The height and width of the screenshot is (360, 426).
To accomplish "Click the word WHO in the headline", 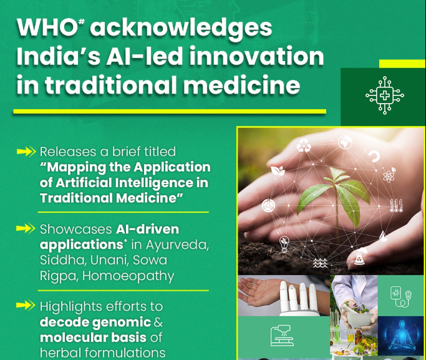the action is (47, 27).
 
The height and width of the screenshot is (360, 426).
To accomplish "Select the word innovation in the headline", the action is (256, 56).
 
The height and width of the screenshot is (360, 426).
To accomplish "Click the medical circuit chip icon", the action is (384, 95).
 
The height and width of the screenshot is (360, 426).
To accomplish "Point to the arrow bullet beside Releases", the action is (26, 152).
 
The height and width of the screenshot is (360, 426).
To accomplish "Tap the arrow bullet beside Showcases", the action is (26, 228).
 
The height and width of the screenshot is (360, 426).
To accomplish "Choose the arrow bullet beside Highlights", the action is (26, 305).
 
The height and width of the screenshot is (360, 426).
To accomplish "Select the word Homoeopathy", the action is (128, 276).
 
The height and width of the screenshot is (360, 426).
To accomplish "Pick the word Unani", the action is (107, 260).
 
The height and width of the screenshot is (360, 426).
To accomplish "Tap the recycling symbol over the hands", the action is (304, 145).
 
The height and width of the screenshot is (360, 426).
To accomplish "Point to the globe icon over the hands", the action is (346, 142).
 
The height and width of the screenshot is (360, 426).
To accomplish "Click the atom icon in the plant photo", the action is (389, 175).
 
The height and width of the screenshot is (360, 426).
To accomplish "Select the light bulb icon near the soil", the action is (284, 243).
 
